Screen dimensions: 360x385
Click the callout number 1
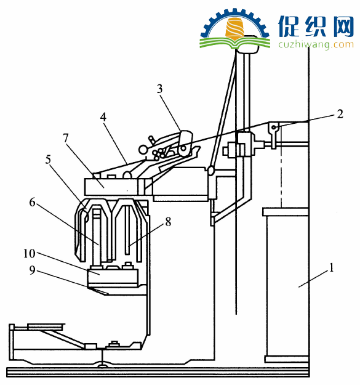(x=331, y=267)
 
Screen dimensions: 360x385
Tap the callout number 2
(x=340, y=114)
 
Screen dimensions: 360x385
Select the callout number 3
(x=159, y=89)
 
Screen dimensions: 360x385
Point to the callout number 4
(x=103, y=117)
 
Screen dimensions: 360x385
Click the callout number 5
(x=48, y=160)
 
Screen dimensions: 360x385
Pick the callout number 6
(x=32, y=202)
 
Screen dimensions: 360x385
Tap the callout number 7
(x=65, y=138)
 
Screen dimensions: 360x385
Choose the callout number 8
(x=168, y=222)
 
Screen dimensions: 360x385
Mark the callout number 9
(x=33, y=270)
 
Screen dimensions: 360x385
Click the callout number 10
(x=30, y=253)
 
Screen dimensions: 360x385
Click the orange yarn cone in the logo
(x=235, y=28)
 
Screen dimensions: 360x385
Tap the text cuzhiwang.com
(x=316, y=44)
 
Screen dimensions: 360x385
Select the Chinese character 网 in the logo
(x=342, y=26)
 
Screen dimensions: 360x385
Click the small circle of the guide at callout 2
(x=275, y=127)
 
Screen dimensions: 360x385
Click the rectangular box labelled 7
(x=111, y=187)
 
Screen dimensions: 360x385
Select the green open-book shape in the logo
(x=235, y=43)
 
